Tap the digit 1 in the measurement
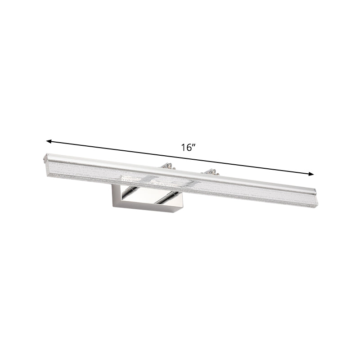tap(184, 148)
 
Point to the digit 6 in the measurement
tap(189, 148)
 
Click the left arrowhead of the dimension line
tap(49, 141)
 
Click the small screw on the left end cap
tap(44, 157)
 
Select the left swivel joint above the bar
tap(167, 166)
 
